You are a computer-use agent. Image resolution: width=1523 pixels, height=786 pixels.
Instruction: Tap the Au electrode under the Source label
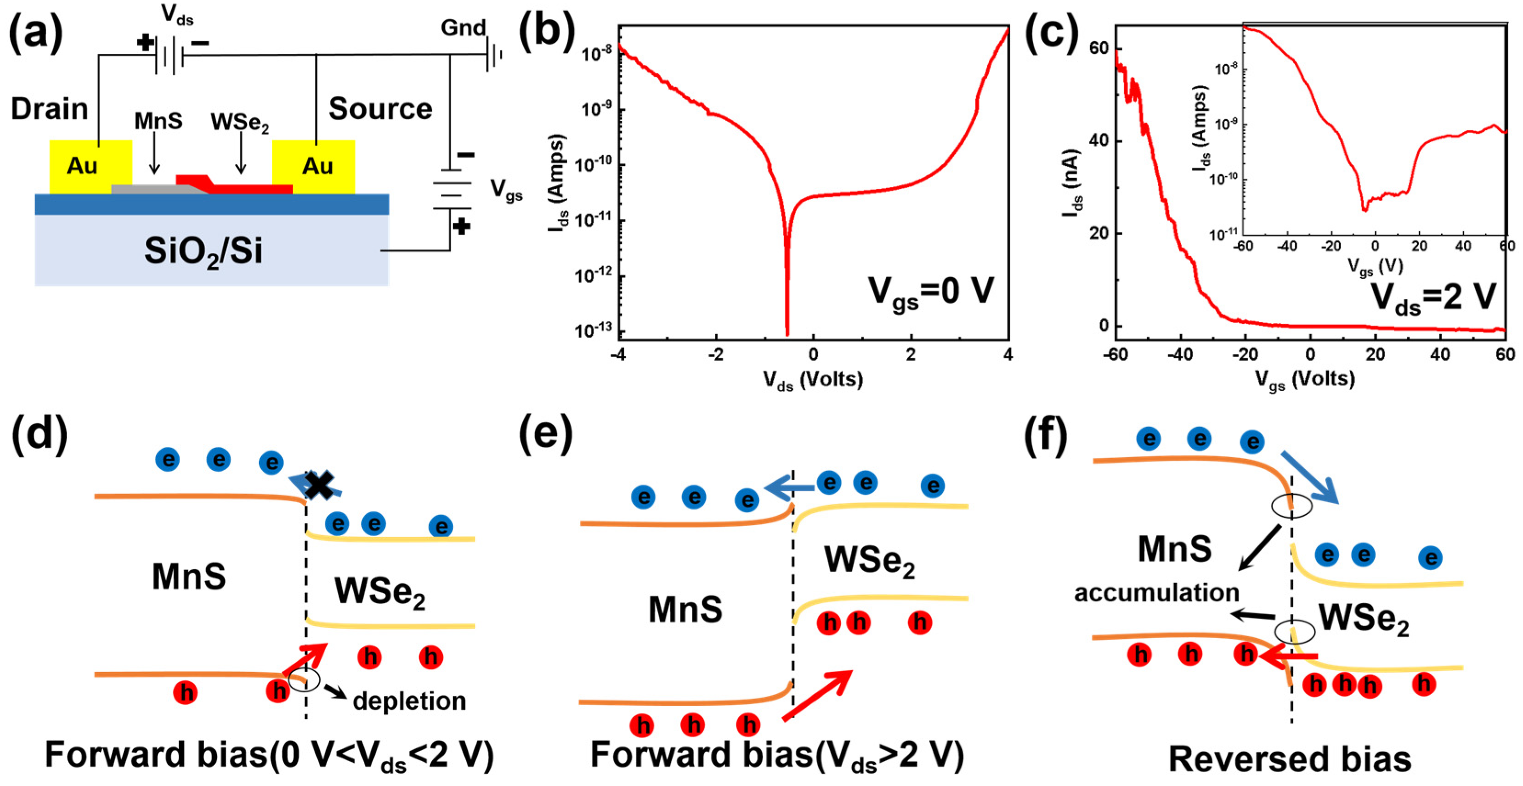click(x=313, y=166)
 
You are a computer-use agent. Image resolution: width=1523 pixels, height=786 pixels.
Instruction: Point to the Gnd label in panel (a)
click(x=463, y=27)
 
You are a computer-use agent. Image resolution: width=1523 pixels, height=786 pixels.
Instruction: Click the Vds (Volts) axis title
click(x=813, y=379)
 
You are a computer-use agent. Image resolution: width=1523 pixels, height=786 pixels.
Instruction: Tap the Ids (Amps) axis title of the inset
click(x=1200, y=130)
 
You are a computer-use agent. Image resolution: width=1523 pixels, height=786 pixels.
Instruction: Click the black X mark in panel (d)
click(x=319, y=485)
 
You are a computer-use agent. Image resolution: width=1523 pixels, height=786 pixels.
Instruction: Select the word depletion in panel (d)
click(x=409, y=701)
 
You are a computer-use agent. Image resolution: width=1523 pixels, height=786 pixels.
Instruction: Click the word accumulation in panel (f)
click(x=1156, y=592)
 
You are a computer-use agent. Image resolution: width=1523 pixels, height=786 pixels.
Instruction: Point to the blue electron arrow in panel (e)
click(x=789, y=488)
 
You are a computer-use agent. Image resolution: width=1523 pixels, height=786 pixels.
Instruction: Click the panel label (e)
click(x=546, y=434)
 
